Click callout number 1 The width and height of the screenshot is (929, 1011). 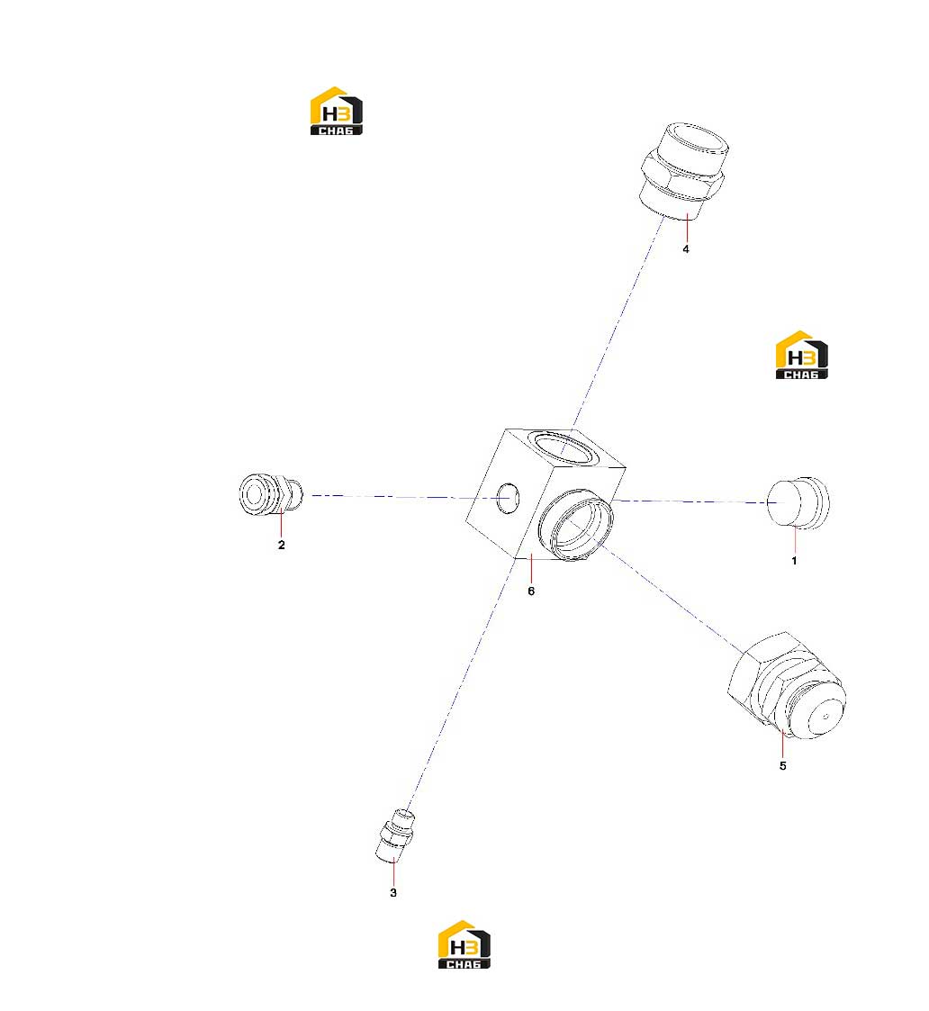pyautogui.click(x=794, y=561)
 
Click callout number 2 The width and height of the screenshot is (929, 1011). pyautogui.click(x=281, y=545)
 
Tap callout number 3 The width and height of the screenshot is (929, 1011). pyautogui.click(x=393, y=892)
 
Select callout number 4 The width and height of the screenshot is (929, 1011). pyautogui.click(x=686, y=248)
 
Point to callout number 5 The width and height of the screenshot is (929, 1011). pyautogui.click(x=782, y=765)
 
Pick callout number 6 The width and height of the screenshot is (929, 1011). pyautogui.click(x=531, y=591)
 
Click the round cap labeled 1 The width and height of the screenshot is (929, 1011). pyautogui.click(x=798, y=503)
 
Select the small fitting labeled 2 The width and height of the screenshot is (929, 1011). pyautogui.click(x=271, y=494)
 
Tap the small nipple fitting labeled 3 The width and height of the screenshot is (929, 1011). pyautogui.click(x=394, y=835)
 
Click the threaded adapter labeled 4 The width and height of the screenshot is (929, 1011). pyautogui.click(x=685, y=171)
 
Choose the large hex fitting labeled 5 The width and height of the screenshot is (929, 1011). pyautogui.click(x=787, y=685)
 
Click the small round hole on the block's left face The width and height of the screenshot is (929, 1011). pyautogui.click(x=508, y=498)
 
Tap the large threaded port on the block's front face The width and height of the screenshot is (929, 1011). pyautogui.click(x=575, y=524)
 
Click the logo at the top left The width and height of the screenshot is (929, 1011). pyautogui.click(x=337, y=111)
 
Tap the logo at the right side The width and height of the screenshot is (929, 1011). pyautogui.click(x=801, y=355)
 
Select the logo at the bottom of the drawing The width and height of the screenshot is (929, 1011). pyautogui.click(x=464, y=944)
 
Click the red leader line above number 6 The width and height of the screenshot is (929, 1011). pyautogui.click(x=531, y=569)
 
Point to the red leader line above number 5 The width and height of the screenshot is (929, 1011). pyautogui.click(x=782, y=744)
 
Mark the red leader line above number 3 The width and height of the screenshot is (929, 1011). pyautogui.click(x=393, y=871)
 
